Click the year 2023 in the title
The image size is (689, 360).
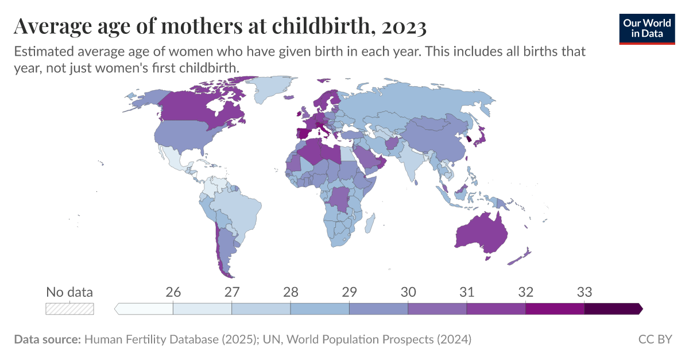click(402, 26)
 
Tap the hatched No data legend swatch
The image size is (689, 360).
click(69, 308)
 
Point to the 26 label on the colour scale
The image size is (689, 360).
click(173, 292)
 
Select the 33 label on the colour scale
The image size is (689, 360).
click(584, 292)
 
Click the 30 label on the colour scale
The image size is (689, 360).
click(408, 292)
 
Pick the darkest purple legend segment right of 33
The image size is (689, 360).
click(612, 309)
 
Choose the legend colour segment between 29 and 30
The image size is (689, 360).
click(378, 309)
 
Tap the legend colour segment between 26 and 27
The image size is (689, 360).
click(202, 309)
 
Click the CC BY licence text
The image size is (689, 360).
click(655, 339)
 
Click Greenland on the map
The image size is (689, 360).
click(272, 89)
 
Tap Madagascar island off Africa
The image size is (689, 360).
click(370, 221)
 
